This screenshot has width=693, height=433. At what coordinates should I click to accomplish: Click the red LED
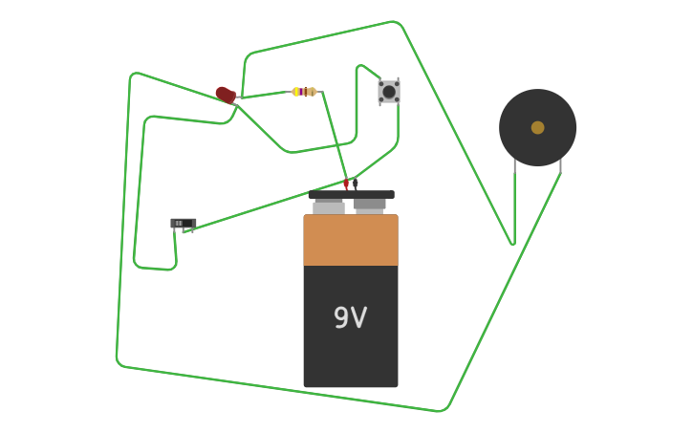pos(225,94)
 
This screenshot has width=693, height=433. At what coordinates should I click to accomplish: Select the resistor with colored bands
pos(304,92)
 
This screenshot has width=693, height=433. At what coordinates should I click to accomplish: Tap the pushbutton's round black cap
pos(388,91)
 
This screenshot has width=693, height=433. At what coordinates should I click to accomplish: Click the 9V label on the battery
pos(350,317)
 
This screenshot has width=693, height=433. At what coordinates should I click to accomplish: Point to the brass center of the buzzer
pos(537,127)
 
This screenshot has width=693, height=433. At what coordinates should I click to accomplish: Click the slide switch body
pos(183,224)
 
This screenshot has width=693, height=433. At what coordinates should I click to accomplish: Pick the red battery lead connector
pos(346,184)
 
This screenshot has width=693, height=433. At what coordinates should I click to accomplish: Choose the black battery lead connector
pos(355,184)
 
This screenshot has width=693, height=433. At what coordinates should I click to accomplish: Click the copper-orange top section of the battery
pos(350,240)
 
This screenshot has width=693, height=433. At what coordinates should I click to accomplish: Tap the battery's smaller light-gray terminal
pos(329,206)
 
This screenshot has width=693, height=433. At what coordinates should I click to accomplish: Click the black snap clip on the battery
pos(351,194)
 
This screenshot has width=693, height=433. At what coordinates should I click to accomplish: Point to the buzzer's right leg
pos(560,166)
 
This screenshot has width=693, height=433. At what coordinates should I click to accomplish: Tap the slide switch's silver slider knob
pos(179,224)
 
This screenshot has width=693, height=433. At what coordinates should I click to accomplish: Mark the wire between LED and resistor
pos(263,95)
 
